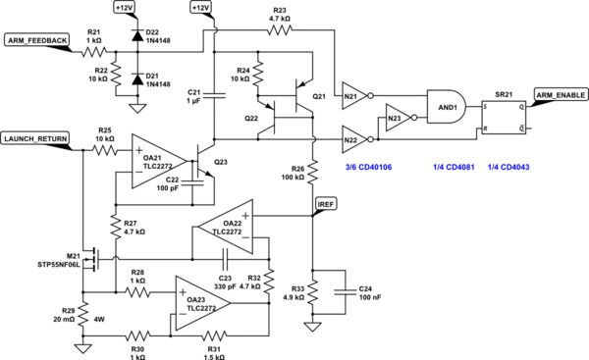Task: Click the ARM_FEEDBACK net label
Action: pyautogui.click(x=36, y=39)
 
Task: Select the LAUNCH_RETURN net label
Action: pyautogui.click(x=35, y=138)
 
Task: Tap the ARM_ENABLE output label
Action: pyautogui.click(x=558, y=94)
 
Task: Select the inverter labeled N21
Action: pyautogui.click(x=356, y=95)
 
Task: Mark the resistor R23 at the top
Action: pyautogui.click(x=281, y=29)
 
